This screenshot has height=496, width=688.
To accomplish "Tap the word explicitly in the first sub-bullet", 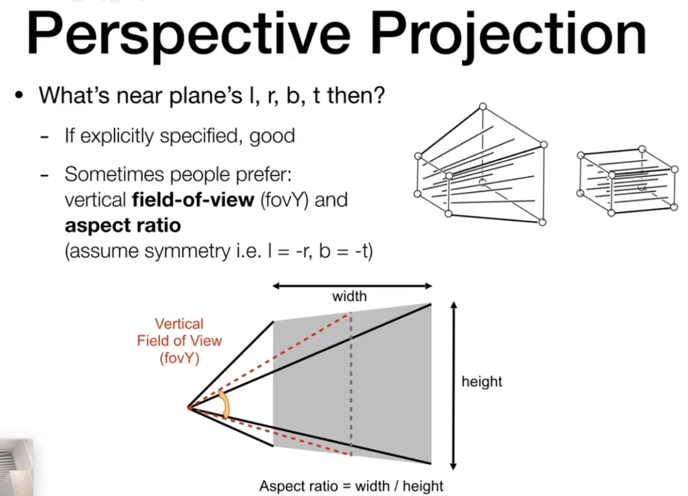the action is [x=117, y=136].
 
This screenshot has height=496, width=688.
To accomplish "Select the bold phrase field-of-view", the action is [x=193, y=200].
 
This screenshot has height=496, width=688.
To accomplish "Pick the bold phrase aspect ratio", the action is [x=123, y=226].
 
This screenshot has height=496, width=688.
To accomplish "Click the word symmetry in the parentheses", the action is [x=187, y=251].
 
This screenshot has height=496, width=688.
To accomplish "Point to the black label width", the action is [x=349, y=296].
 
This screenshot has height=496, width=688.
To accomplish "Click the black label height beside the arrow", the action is [x=482, y=382].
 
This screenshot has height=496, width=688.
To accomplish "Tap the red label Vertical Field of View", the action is [x=179, y=333].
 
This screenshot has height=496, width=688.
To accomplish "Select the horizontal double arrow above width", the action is [x=353, y=286].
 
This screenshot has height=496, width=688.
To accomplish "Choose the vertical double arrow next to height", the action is [x=454, y=386].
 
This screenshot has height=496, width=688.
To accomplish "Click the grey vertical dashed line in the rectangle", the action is [x=351, y=385].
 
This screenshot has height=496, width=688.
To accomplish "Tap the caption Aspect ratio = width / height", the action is [x=351, y=486].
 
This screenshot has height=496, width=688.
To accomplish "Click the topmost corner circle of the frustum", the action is [x=483, y=107].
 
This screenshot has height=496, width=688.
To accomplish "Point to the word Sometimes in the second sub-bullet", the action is [x=114, y=175].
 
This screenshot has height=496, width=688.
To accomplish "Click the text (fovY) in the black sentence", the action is [x=284, y=200].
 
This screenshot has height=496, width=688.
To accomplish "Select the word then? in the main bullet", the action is [x=356, y=96].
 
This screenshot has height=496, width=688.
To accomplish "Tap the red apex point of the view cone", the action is [x=189, y=408].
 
